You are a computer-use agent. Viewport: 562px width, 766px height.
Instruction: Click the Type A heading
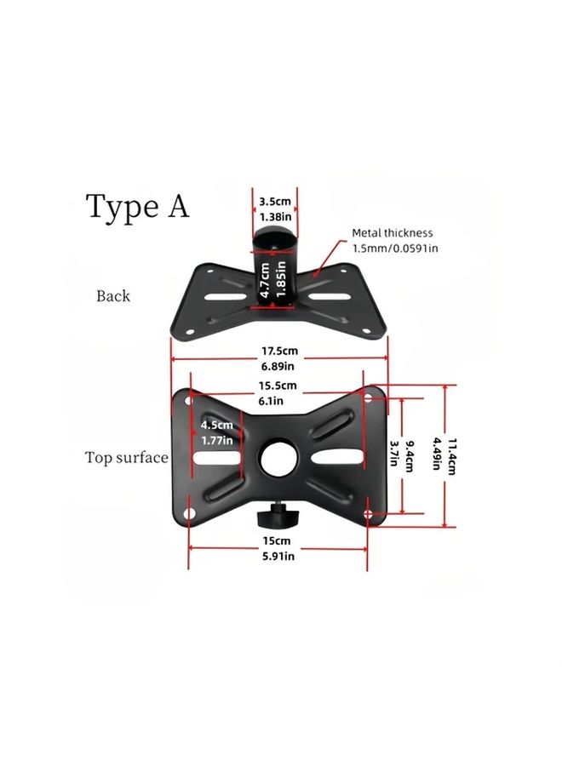point(137,207)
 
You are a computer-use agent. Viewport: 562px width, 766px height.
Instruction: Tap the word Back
point(113,296)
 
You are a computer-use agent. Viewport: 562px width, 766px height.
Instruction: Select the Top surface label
point(127,458)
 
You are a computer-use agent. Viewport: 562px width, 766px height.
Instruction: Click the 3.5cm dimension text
point(275,201)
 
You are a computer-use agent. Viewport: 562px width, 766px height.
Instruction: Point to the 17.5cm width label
point(279,351)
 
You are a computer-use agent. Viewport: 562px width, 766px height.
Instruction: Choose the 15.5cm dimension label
point(278,386)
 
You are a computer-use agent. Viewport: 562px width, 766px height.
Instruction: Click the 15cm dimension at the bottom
point(277,540)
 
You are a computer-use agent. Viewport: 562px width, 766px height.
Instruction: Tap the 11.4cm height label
point(452,456)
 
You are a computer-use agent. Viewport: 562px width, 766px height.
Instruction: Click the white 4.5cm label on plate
point(216,425)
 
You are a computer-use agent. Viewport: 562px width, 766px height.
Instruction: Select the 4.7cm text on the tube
point(265,280)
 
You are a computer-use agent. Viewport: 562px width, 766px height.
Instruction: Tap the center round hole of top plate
point(278,459)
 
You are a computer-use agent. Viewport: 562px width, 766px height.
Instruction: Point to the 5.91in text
point(278,556)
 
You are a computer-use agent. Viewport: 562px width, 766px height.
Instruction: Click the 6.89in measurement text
point(278,366)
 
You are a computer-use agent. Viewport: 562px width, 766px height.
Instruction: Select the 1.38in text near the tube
point(275,216)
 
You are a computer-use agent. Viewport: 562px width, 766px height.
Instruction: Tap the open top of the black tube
point(275,237)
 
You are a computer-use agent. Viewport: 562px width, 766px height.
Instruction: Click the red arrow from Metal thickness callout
point(328,259)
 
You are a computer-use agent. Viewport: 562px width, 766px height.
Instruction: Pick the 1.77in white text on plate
point(217,440)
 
